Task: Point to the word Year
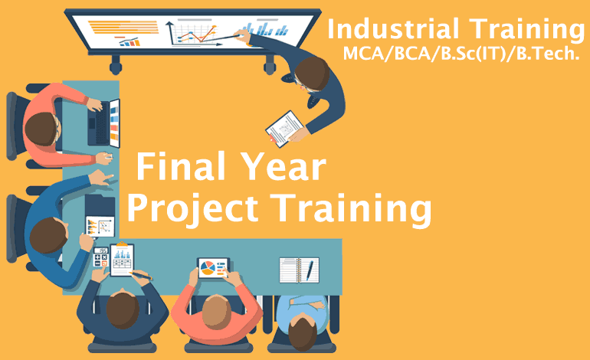point(283,167)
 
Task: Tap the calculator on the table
point(100,257)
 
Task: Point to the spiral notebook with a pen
point(298,270)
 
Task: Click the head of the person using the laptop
point(38,122)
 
